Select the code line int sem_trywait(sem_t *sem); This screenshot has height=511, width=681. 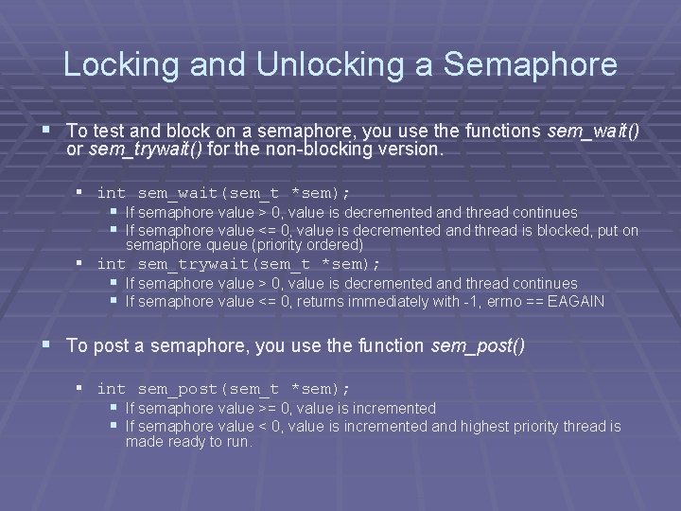(238, 263)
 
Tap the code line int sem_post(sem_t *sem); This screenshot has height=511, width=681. (223, 389)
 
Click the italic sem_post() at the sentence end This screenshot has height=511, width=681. (478, 345)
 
